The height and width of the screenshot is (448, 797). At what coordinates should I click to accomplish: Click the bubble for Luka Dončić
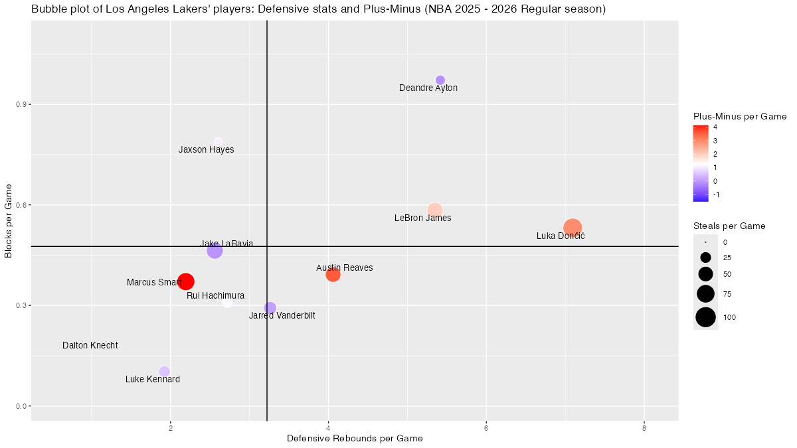573,228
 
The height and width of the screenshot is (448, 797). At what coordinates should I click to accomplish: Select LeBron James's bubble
434,210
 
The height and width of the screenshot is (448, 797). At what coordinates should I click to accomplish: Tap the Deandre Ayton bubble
440,80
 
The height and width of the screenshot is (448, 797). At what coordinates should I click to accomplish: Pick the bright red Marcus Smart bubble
186,281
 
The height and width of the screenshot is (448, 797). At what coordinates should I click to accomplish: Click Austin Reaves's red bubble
333,274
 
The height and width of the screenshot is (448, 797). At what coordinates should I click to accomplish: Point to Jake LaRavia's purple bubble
215,251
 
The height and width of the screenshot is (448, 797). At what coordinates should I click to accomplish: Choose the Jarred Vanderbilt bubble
270,308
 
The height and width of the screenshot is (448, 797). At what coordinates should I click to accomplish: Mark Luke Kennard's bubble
164,371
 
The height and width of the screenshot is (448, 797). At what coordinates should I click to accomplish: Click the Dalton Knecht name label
90,346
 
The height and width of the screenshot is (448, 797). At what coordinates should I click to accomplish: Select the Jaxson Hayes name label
206,150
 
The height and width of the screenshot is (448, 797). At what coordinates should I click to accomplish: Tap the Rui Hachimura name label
215,295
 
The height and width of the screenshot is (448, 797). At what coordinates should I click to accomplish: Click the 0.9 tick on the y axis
20,105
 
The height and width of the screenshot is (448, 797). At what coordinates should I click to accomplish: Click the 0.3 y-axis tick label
20,305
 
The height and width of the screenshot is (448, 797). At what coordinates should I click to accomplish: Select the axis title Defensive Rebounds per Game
355,439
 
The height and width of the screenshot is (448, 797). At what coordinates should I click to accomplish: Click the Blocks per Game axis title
9,220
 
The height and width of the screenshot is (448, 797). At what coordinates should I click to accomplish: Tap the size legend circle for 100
705,318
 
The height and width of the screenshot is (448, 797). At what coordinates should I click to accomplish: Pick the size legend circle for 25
705,258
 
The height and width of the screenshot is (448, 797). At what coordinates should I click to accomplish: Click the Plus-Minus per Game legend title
739,116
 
